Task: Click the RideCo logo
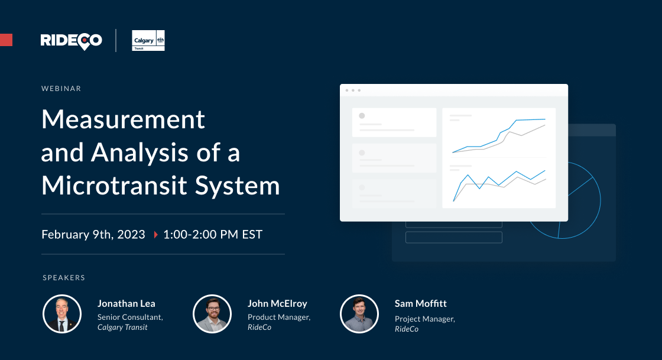71,40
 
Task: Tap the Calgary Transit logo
148,40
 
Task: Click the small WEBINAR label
61,89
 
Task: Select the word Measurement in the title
123,119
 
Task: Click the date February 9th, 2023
93,235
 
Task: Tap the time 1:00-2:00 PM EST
213,235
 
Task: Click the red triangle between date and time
155,235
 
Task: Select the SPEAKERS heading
64,277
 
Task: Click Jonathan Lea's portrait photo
61,313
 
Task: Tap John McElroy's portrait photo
212,313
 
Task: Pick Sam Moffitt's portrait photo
359,313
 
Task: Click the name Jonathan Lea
126,304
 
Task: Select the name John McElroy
277,304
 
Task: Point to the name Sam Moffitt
421,304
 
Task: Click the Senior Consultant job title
130,317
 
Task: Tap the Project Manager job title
424,319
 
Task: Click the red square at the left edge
6,40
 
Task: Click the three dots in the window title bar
353,90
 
